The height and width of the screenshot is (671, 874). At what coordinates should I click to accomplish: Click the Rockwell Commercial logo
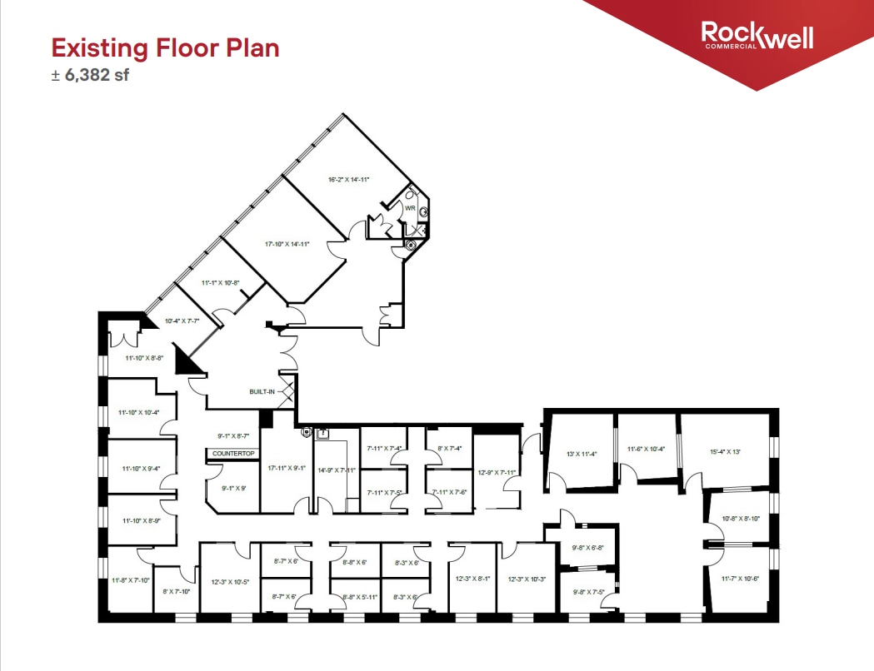(x=757, y=36)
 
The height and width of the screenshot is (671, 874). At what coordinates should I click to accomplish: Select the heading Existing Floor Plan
(x=165, y=47)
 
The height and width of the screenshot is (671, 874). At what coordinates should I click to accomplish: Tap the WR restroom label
(x=410, y=208)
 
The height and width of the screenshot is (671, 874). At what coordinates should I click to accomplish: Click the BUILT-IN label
(x=262, y=390)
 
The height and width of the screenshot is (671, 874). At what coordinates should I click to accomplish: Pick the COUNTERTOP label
(x=233, y=454)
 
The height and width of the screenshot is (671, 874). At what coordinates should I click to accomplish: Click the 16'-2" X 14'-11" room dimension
(x=349, y=179)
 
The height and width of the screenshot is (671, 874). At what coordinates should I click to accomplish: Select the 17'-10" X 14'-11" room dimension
(x=287, y=244)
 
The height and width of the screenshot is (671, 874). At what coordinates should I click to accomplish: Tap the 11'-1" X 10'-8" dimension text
(x=221, y=283)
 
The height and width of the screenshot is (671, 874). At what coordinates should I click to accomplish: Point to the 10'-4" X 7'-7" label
(x=182, y=321)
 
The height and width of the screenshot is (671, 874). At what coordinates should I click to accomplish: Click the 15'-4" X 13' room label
(x=725, y=451)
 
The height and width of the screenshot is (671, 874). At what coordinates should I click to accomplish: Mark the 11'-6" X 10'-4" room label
(x=646, y=450)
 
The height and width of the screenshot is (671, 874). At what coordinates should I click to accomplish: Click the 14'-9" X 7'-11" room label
(x=337, y=470)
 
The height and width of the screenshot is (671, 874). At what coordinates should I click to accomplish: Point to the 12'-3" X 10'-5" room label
(x=228, y=582)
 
